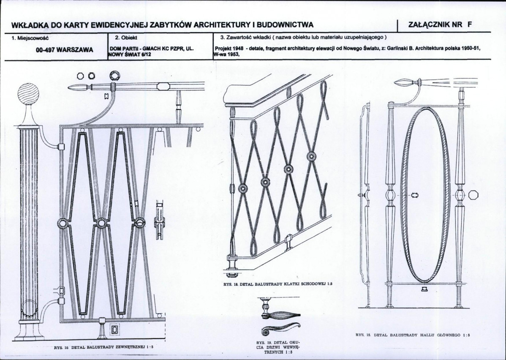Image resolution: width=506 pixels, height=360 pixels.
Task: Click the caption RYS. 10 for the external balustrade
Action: [x=103, y=347]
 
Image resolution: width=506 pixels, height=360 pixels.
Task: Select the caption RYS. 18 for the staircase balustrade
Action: [x=278, y=284]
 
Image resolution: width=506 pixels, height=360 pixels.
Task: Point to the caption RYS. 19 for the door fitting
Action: [x=278, y=347]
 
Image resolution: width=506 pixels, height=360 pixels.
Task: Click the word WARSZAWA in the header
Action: [x=78, y=50]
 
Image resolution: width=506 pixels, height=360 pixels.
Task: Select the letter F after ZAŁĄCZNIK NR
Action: [x=469, y=25]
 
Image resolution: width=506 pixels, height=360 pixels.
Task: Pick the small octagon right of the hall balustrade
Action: [x=473, y=195]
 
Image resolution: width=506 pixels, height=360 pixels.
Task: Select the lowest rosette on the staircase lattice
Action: [x=242, y=188]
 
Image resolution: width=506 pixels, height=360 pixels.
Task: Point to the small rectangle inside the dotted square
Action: [x=114, y=330]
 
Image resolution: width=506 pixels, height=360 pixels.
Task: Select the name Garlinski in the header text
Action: [x=400, y=49]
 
